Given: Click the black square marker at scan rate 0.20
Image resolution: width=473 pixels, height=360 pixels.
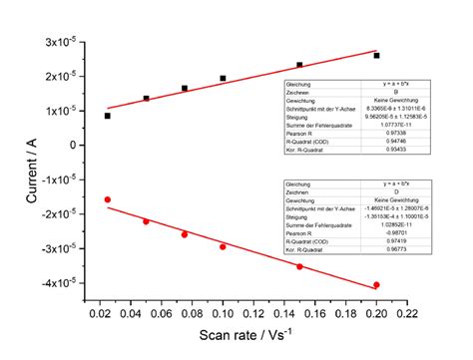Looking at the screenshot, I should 376,56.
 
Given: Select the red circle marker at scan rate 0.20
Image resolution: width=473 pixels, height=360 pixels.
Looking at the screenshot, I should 376,285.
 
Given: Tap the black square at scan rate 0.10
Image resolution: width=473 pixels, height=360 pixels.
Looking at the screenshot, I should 223,78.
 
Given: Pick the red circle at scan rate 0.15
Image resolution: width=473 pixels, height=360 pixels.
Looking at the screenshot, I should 299,266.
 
